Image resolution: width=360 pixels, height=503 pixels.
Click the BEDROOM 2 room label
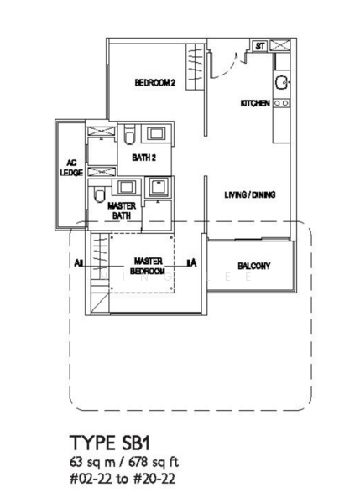coord(154,83)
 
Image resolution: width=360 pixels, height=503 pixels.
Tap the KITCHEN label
coord(254,103)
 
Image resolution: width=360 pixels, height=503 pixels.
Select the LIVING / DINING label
coord(249,195)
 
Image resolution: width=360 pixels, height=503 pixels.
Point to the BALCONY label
coord(253,267)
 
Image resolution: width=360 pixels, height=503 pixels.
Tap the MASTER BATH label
coord(122,210)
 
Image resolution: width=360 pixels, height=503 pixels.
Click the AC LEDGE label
coord(70,168)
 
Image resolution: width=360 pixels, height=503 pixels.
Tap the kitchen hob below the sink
coord(281,102)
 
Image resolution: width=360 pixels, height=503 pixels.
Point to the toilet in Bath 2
coord(129,137)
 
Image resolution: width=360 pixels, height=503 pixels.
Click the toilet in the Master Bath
coord(101,195)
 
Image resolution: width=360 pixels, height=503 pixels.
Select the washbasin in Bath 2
coord(155,133)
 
